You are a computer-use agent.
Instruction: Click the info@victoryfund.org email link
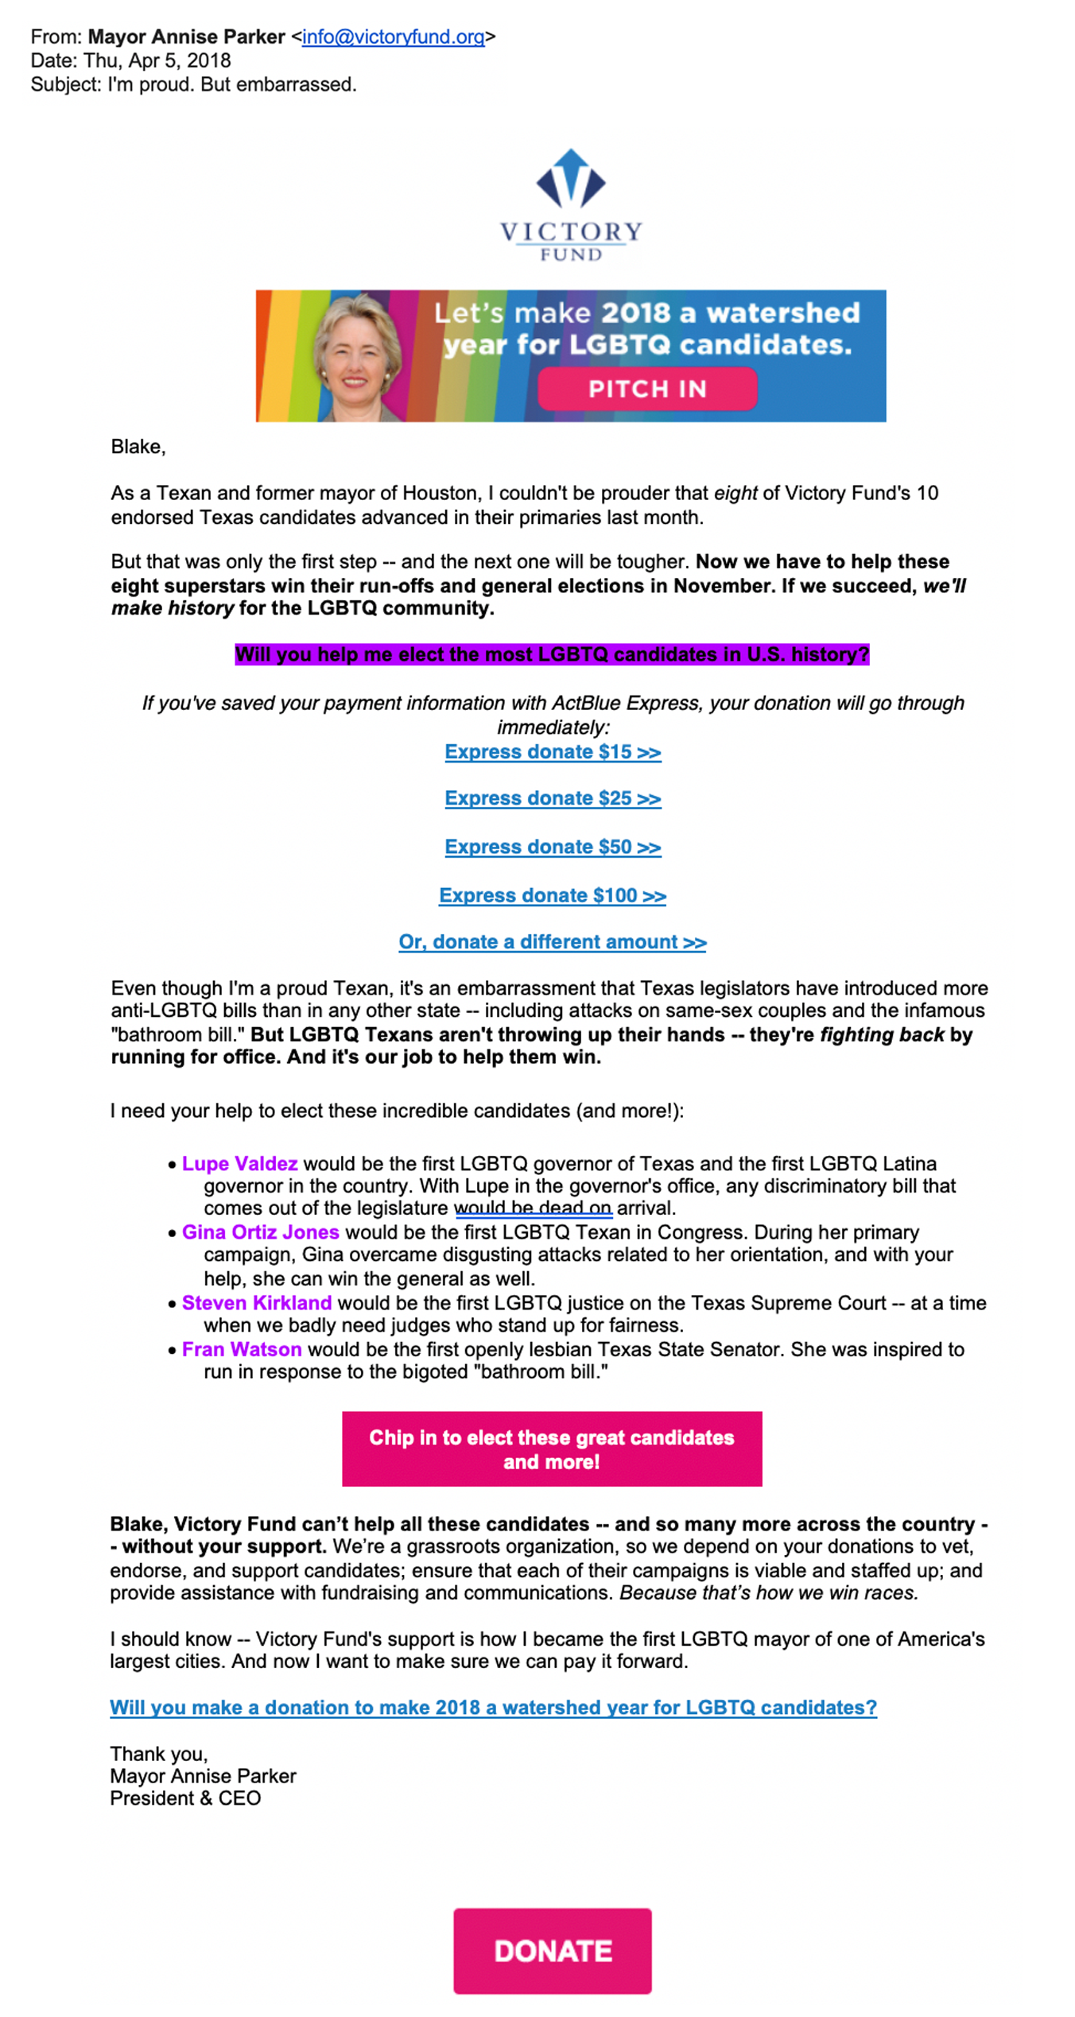(393, 37)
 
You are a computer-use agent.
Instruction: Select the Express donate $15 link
(553, 752)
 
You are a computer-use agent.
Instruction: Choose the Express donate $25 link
(553, 798)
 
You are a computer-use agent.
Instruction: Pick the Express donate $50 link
(553, 847)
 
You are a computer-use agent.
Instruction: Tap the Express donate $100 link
(553, 895)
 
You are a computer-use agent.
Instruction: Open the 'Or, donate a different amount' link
(553, 942)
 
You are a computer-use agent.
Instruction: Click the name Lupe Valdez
(239, 1164)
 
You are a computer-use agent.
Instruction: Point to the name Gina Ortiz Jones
(260, 1232)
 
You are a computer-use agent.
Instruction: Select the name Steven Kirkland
(256, 1303)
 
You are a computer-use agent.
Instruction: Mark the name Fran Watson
(242, 1349)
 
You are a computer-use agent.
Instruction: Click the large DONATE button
(553, 1950)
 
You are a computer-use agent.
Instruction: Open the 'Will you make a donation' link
(493, 1708)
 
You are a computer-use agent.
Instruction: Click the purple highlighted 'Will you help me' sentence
(552, 654)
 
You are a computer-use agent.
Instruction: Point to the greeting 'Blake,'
(138, 447)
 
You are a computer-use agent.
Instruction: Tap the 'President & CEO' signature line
(185, 1798)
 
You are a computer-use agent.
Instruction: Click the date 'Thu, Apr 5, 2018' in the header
(157, 60)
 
